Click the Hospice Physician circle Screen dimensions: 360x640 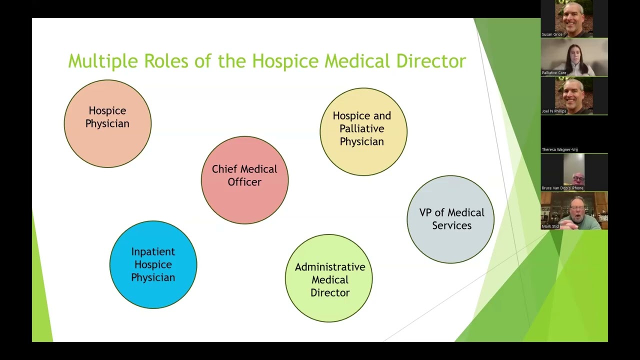coord(107,123)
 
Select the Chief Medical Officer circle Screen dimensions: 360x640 coord(244,180)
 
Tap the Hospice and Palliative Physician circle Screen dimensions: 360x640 coord(363,131)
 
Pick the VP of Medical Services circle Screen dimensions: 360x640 coord(450,219)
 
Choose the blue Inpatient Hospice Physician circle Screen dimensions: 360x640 coord(153,264)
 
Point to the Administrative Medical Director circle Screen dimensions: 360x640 coord(328,278)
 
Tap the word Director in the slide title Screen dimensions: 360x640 coord(431,61)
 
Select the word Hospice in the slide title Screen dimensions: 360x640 coord(285,61)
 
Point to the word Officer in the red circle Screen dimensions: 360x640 coord(244,182)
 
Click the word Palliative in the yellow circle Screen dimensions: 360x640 coord(362,128)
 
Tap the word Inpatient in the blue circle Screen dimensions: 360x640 coord(153,251)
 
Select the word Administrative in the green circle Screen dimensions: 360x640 coord(330,266)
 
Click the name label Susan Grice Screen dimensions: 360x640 coord(552,34)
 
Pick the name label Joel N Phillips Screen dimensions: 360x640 coord(554,111)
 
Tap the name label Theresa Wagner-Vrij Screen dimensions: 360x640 coord(559,149)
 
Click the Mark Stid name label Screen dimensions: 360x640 coord(550,226)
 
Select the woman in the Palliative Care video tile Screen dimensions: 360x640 coord(574,59)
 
